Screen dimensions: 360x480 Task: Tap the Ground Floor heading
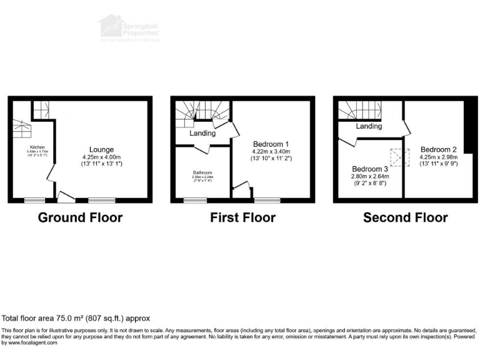[80, 217]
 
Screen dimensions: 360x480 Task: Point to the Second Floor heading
[405, 217]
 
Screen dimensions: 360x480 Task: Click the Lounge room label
[101, 149]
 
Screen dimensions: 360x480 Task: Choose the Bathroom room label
[202, 172]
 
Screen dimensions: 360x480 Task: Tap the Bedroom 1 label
[271, 143]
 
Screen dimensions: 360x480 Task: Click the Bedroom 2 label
[438, 149]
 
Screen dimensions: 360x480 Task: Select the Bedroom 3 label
[370, 169]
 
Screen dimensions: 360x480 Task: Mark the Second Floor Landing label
[369, 126]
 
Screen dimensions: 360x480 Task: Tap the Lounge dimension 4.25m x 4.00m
[101, 157]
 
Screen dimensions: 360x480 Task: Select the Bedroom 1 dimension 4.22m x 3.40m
[271, 151]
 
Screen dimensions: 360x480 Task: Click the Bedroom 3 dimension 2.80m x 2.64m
[370, 177]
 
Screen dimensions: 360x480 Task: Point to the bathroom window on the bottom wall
[196, 200]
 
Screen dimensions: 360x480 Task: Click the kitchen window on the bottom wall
[34, 200]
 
